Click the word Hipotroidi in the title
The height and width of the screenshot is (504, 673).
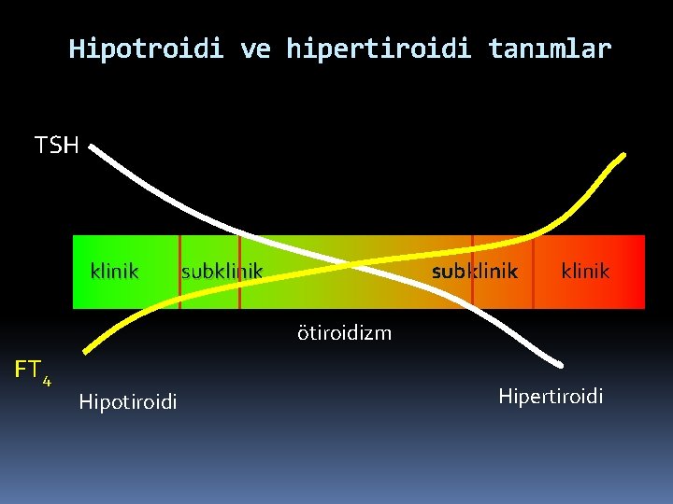coord(146,49)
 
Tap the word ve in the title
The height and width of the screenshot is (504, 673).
coord(255,49)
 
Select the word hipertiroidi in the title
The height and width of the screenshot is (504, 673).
coord(379,49)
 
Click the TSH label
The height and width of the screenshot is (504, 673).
coord(57,145)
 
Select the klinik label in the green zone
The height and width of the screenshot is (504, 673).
coord(114,272)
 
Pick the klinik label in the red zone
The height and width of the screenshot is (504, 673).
coord(585,272)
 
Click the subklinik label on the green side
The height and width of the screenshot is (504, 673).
coord(222,272)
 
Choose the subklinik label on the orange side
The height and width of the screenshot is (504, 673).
coord(474,272)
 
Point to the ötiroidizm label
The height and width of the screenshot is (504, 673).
coord(344,332)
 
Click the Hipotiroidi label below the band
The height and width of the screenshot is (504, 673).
coord(128,401)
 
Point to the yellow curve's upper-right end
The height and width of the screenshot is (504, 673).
coord(622,156)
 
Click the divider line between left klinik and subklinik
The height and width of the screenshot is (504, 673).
coord(179,272)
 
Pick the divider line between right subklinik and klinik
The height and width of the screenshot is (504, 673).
coord(533,272)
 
